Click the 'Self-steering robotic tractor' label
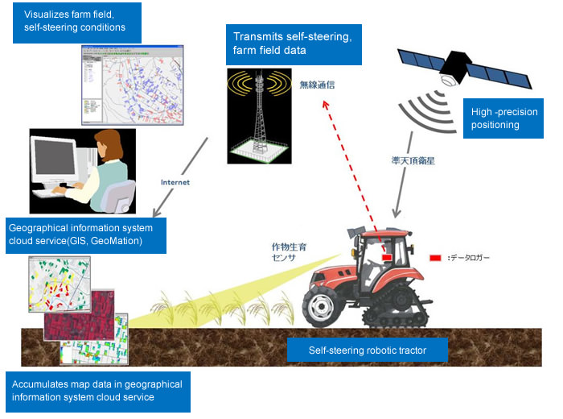point(367,351)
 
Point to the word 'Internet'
point(175,182)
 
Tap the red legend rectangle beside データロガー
point(435,258)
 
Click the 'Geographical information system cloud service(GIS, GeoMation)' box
point(85,234)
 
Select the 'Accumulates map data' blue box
point(97,390)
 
